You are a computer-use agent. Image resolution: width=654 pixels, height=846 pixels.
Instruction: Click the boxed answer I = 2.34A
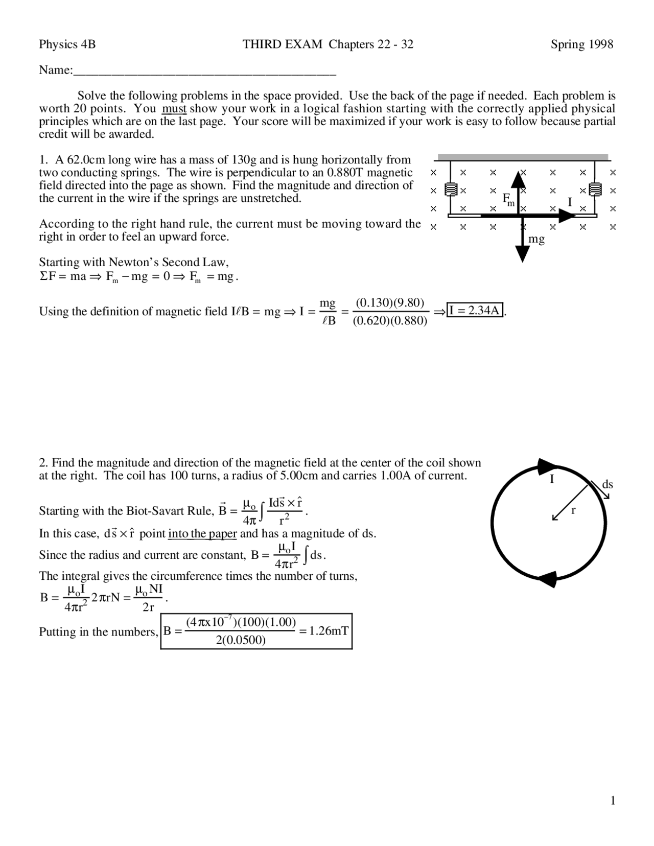[x=476, y=310]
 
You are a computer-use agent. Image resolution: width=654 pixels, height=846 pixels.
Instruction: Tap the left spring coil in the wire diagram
[x=450, y=190]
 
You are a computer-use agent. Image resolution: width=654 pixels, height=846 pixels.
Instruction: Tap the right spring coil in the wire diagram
[x=594, y=190]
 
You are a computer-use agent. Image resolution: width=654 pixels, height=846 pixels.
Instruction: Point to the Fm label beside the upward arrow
[x=508, y=199]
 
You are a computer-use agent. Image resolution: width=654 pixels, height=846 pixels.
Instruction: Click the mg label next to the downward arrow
[x=536, y=239]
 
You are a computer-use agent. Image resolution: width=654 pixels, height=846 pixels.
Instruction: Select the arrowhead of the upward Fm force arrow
[x=519, y=180]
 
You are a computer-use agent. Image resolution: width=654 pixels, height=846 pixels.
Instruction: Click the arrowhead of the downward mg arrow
[x=522, y=253]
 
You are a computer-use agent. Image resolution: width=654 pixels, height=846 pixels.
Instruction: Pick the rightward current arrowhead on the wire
[x=567, y=216]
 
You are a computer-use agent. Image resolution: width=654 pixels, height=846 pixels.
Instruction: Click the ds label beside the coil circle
[x=607, y=484]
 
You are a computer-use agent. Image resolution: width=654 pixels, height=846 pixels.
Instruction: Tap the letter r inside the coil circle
[x=573, y=510]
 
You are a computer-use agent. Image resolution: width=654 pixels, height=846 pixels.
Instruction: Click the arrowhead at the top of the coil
[x=546, y=465]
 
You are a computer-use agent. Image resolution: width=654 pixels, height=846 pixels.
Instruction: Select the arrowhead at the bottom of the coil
[x=548, y=579]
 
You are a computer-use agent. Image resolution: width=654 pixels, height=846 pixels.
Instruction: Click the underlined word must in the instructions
[x=174, y=108]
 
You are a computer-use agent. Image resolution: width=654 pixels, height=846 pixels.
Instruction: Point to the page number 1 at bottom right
[x=613, y=801]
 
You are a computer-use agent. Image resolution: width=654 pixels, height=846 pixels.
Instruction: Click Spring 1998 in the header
[x=581, y=44]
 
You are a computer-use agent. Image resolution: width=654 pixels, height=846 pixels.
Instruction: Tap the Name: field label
[x=56, y=70]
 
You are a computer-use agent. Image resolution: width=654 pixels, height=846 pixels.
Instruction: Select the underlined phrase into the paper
[x=202, y=534]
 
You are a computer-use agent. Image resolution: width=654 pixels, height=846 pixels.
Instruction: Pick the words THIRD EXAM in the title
[x=283, y=44]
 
